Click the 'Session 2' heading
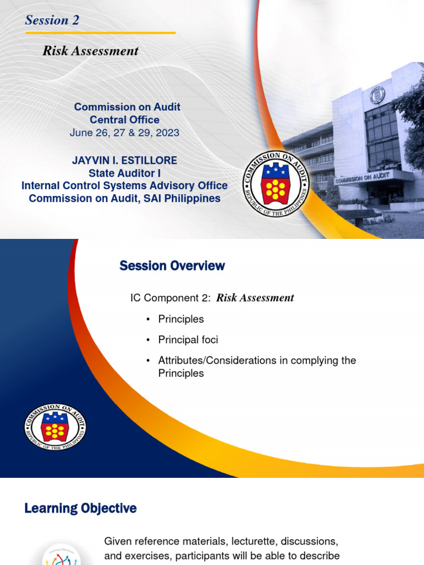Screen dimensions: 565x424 coord(52,20)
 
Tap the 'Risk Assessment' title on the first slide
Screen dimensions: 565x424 coord(91,51)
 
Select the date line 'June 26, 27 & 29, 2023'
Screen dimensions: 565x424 coord(124,133)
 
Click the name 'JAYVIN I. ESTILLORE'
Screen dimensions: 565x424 coord(124,161)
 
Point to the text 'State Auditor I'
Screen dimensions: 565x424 coord(124,173)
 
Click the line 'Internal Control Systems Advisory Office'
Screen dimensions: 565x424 coord(124,186)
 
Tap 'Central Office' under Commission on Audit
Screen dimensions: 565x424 coord(124,120)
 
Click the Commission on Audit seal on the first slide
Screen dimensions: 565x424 coord(277,184)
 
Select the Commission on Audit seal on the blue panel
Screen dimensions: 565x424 coord(55,426)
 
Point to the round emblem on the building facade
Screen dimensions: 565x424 coord(378,95)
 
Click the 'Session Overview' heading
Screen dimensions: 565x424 coord(172,266)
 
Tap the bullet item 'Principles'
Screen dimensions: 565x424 coord(181,319)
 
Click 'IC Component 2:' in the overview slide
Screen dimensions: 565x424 coord(171,298)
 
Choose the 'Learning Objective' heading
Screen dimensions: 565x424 coord(81,508)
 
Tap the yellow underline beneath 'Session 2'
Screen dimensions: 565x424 coord(100,33)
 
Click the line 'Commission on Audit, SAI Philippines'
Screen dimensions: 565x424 coord(124,199)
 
